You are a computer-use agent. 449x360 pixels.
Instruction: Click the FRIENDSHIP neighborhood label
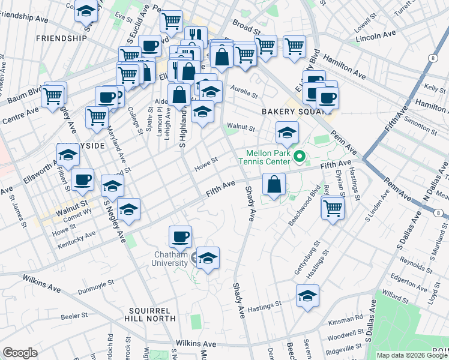click(61, 38)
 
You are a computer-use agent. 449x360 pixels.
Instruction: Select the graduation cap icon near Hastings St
click(307, 296)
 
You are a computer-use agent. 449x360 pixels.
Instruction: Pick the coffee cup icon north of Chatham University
click(180, 236)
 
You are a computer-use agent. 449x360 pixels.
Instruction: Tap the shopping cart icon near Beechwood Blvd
click(332, 208)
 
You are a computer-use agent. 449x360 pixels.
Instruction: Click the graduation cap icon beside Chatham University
click(208, 259)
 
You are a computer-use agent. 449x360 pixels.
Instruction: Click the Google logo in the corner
click(20, 353)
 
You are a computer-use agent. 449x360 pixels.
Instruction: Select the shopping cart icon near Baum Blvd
click(53, 95)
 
